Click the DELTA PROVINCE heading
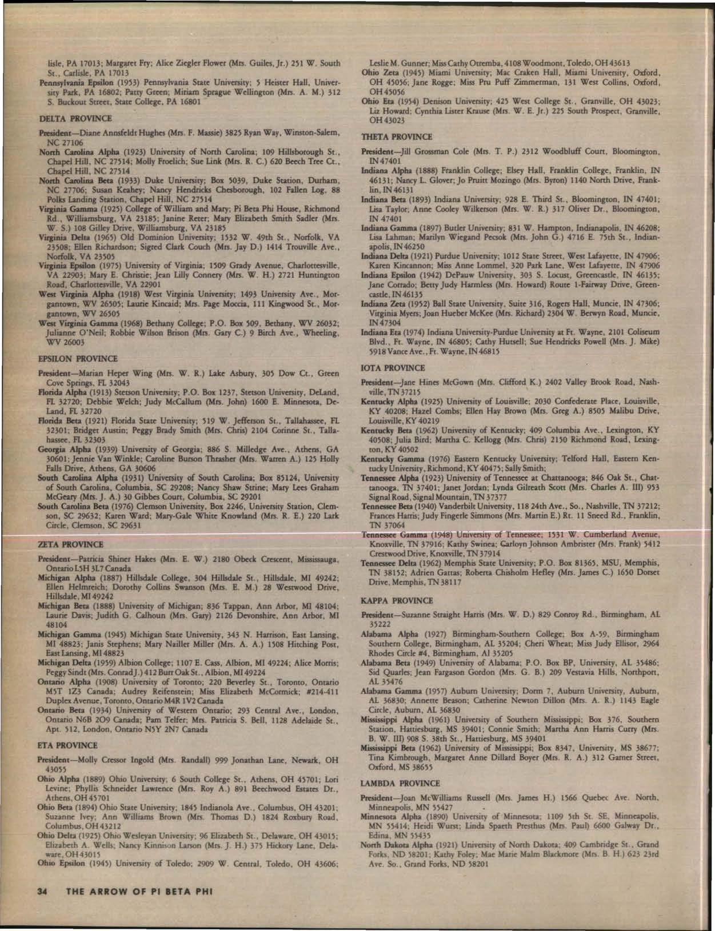click(75, 119)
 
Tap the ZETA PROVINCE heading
click(70, 544)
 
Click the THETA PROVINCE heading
click(397, 137)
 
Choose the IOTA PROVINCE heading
click(393, 368)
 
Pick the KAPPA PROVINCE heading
click(397, 600)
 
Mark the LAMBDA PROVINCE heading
click(401, 783)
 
